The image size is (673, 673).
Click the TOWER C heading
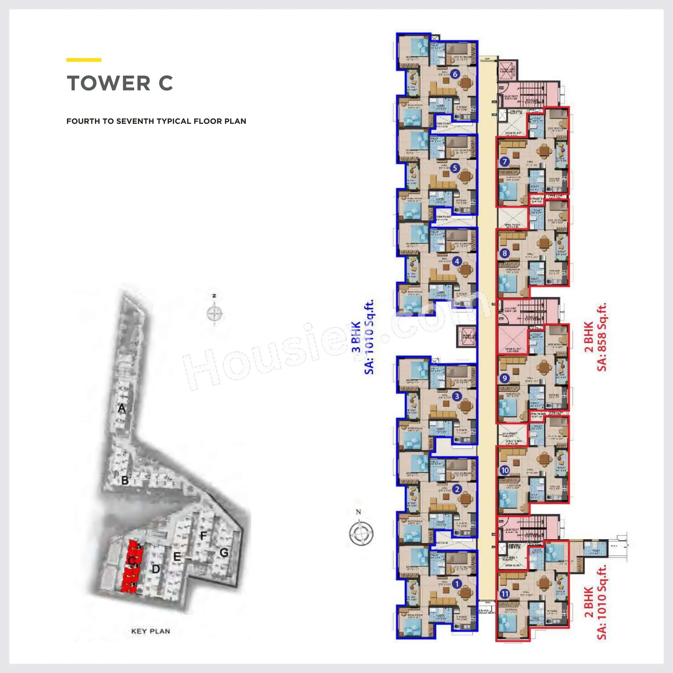click(x=119, y=83)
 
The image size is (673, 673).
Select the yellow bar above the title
click(x=83, y=60)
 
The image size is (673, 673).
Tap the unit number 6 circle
click(x=455, y=74)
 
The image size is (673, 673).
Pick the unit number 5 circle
click(x=455, y=168)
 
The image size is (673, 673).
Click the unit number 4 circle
click(x=457, y=261)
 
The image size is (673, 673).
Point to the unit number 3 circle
click(x=457, y=396)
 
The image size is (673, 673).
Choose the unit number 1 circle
click(x=457, y=584)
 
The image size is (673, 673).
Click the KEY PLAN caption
click(x=150, y=631)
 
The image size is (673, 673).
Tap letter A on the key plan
click(x=121, y=408)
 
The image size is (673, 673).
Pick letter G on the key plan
click(x=224, y=553)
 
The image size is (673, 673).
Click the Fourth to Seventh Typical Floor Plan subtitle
click(x=156, y=121)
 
